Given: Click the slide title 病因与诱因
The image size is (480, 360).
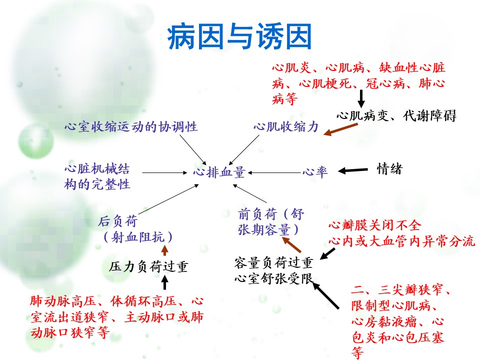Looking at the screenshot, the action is (239, 36).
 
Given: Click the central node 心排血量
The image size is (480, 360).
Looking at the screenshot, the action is (219, 172).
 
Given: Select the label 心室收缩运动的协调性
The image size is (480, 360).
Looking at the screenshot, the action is (131, 126).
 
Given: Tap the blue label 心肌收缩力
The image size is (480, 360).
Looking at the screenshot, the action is (286, 126).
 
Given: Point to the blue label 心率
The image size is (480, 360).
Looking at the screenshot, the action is (315, 171).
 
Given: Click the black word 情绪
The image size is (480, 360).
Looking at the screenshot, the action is (389, 168).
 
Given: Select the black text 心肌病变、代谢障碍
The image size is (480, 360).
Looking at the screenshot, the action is (396, 115).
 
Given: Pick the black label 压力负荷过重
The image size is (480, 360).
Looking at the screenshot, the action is (148, 266).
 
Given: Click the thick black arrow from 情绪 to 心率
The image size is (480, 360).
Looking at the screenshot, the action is (352, 170).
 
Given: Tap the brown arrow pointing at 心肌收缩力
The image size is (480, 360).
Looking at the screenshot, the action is (340, 129).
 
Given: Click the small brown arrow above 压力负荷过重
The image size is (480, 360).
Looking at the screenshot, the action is (164, 250).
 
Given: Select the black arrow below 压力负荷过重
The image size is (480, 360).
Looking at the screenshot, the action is (164, 282).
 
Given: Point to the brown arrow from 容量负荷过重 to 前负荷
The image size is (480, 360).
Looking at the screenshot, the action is (291, 244).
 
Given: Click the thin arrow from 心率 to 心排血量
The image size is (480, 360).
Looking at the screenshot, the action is (274, 172).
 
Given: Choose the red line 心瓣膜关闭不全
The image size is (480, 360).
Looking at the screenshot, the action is (374, 225).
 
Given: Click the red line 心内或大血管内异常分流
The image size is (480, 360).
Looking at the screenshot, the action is (401, 241).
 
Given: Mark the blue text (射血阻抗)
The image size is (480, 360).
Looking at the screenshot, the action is (138, 237).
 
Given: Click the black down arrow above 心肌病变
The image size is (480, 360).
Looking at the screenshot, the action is (361, 98).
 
